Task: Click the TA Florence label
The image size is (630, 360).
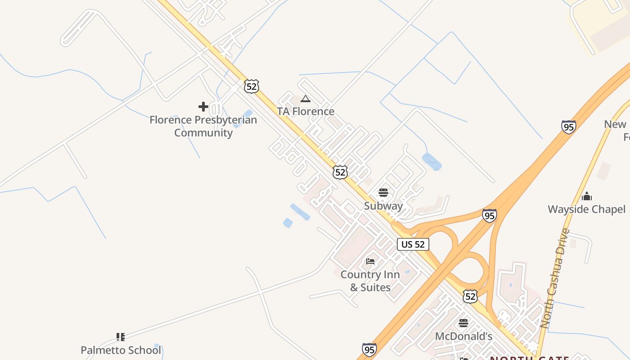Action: click(306, 111)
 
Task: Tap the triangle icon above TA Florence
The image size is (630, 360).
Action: click(306, 99)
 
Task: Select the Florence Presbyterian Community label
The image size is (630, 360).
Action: click(203, 126)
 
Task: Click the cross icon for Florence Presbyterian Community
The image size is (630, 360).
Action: click(203, 107)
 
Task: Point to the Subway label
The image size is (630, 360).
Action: click(383, 206)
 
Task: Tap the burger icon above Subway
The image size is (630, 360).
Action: click(383, 193)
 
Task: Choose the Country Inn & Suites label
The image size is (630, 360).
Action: click(370, 281)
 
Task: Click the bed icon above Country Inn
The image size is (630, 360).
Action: click(370, 261)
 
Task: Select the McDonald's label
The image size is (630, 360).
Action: click(463, 336)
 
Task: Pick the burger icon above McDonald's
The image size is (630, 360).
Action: click(463, 323)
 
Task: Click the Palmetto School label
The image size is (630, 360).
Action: click(121, 350)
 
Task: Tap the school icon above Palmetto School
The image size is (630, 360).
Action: click(120, 337)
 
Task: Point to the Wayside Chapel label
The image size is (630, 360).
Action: click(586, 209)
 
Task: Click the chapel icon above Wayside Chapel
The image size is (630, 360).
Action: click(587, 196)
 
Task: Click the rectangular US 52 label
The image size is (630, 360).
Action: click(413, 244)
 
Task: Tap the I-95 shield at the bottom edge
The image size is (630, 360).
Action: click(369, 350)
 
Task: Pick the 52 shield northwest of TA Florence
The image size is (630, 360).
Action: click(252, 86)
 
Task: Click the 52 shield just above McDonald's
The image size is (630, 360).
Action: click(470, 296)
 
